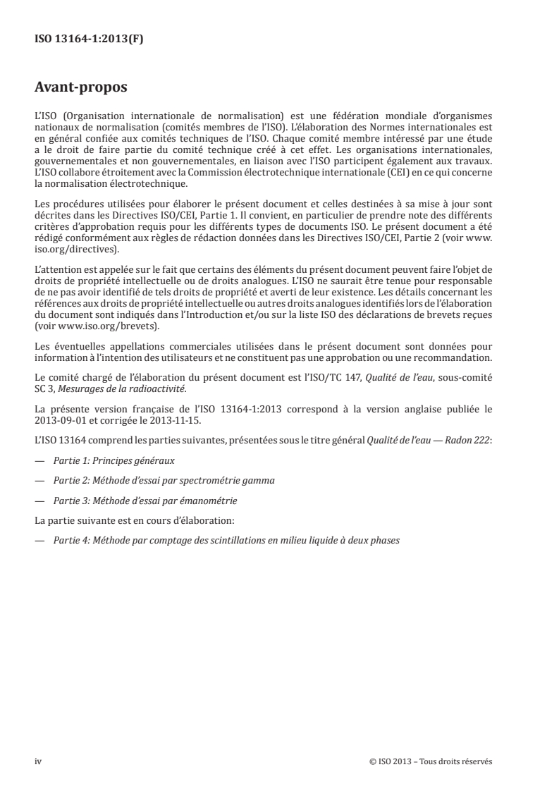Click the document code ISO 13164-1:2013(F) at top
[89, 39]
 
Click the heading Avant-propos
[82, 89]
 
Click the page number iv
[38, 761]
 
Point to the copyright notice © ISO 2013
[430, 761]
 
